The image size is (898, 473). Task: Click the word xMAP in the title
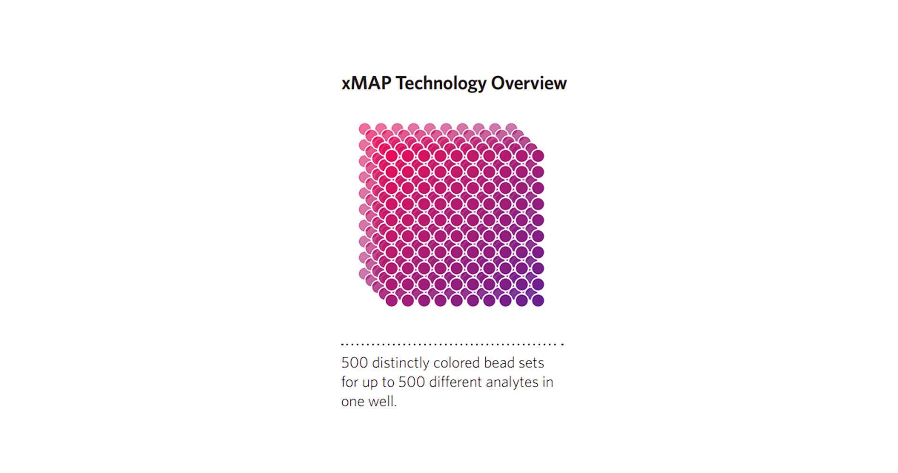coord(366,83)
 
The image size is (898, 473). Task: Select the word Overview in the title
coord(529,83)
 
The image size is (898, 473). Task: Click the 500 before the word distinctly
coord(354,363)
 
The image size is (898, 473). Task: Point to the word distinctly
coord(400,363)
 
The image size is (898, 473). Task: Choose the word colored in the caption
coord(457,363)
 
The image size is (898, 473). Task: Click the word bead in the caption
coord(499,363)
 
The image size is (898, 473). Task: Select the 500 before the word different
coord(412,382)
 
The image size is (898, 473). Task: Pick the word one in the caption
coord(353,402)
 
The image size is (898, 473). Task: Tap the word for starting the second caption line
coord(350,382)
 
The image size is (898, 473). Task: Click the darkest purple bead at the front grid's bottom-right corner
coord(538,300)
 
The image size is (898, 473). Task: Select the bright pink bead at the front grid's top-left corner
coord(391,156)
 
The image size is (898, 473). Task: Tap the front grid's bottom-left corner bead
coord(391,300)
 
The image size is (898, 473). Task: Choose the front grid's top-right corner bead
coord(538,156)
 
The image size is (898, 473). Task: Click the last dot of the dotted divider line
coord(562,344)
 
